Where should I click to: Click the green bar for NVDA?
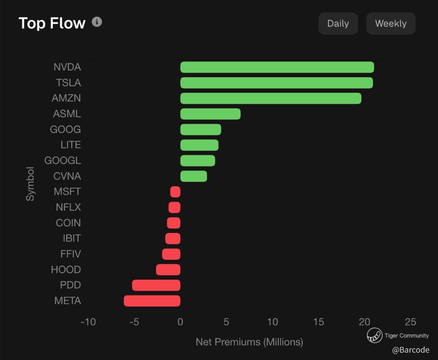click(277, 67)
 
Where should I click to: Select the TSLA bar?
click(276, 83)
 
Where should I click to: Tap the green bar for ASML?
click(210, 114)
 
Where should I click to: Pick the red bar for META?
click(152, 301)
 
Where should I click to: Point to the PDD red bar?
click(156, 285)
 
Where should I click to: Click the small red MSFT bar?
click(175, 192)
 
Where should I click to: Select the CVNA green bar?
click(194, 176)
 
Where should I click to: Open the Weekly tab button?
click(391, 24)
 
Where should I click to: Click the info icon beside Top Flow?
click(97, 22)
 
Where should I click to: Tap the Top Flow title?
click(52, 23)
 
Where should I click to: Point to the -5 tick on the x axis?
click(134, 322)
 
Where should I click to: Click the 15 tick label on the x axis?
click(318, 322)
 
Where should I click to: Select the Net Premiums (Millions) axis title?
click(249, 342)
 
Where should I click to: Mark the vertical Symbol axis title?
click(30, 184)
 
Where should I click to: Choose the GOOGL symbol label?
click(62, 161)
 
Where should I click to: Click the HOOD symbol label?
click(66, 270)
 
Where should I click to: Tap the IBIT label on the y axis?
click(72, 238)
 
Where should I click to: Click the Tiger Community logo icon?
click(374, 336)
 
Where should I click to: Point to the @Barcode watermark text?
click(411, 350)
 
